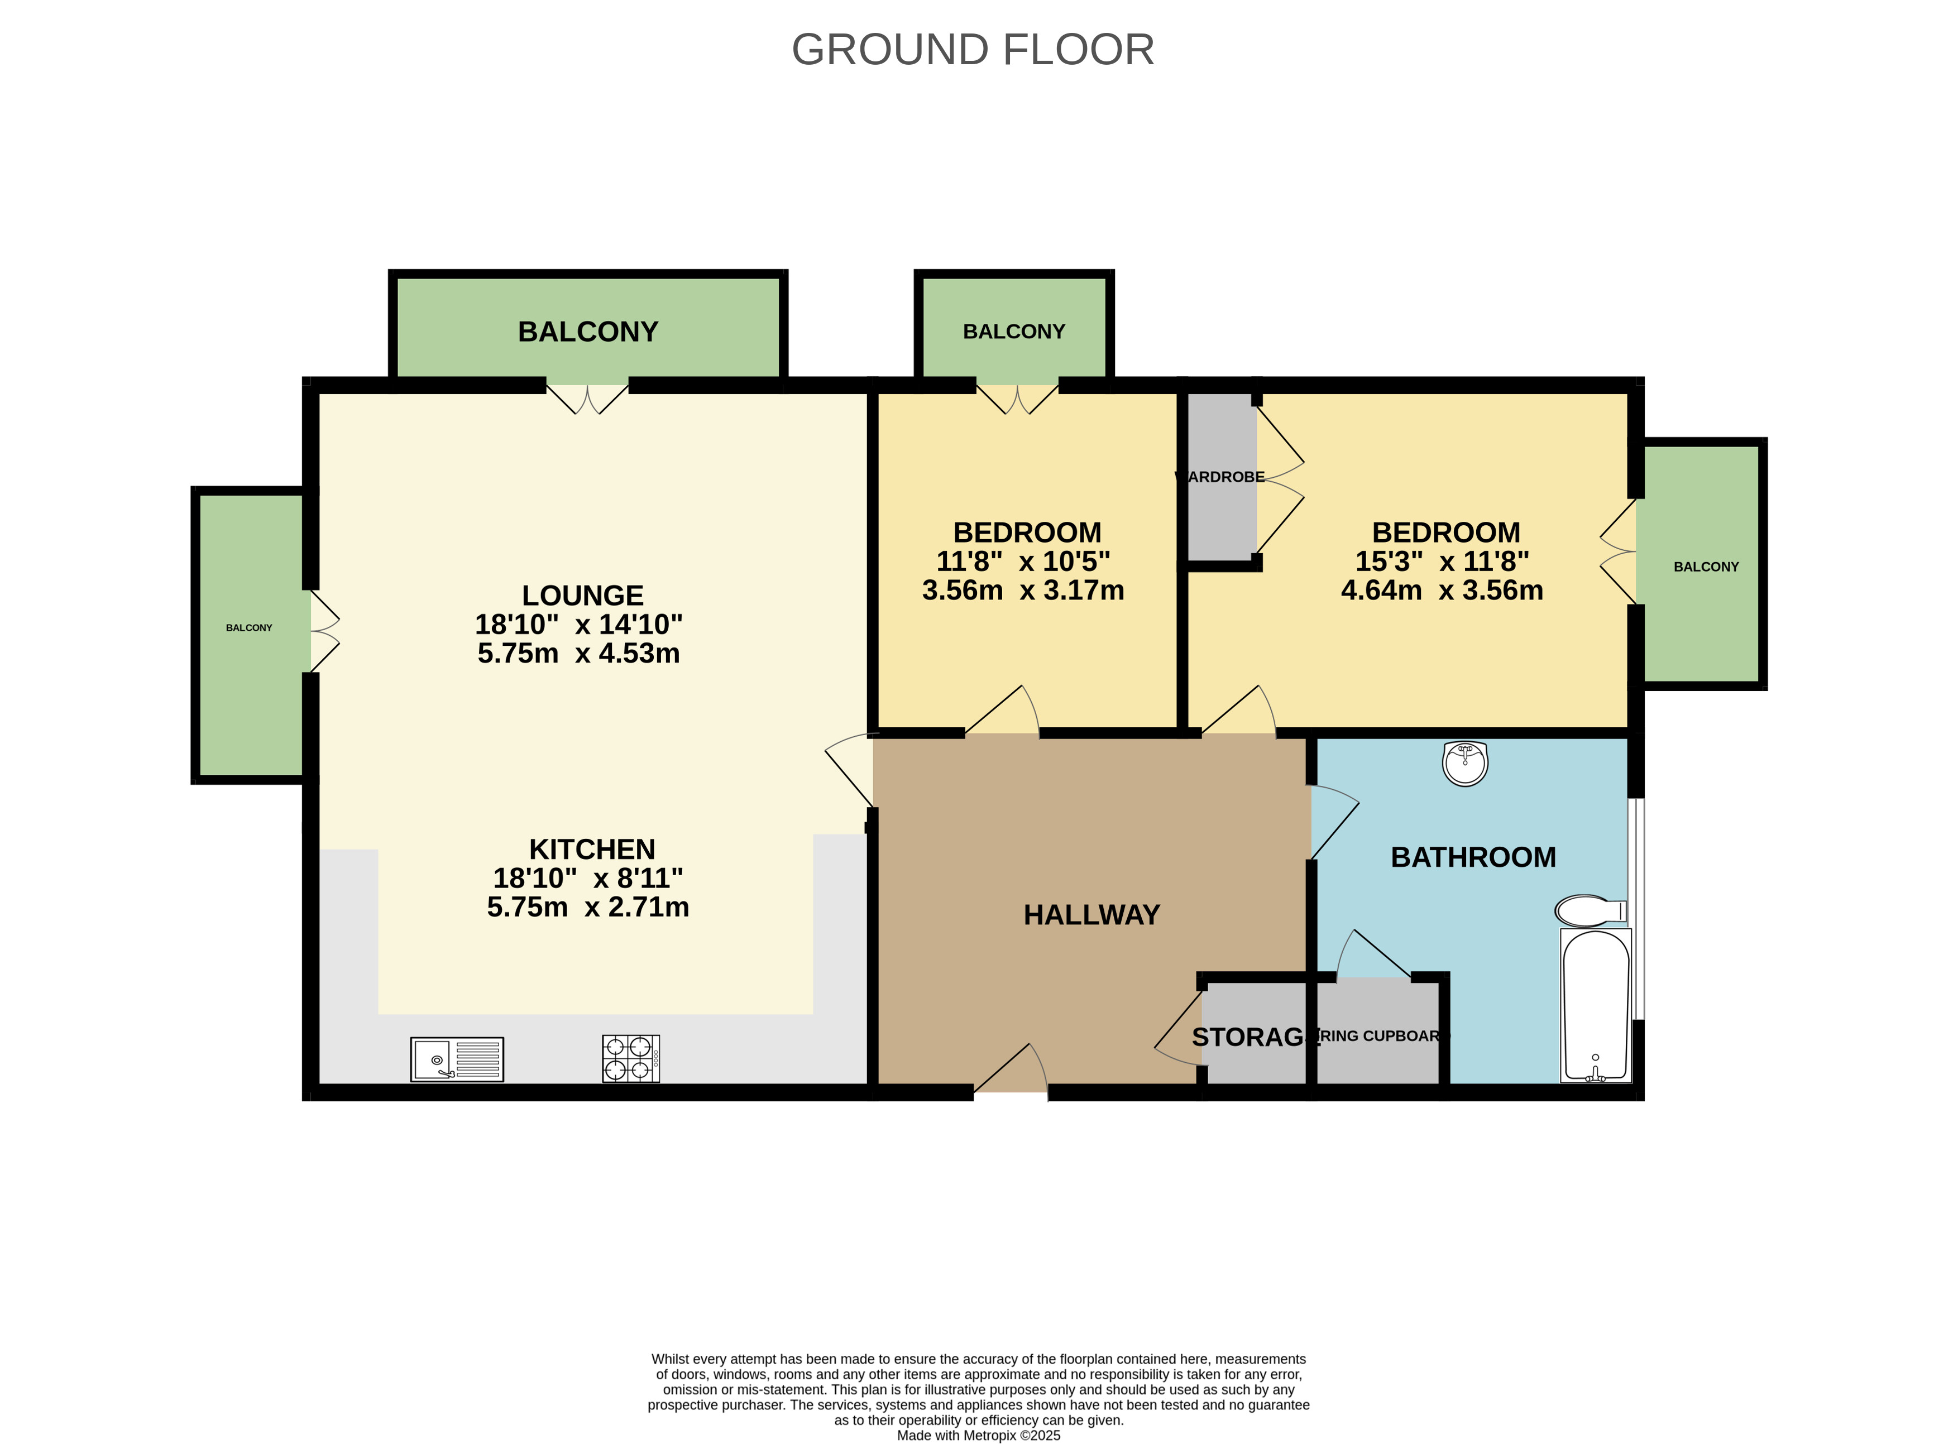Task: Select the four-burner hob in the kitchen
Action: (x=630, y=1058)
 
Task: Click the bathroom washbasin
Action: (x=1465, y=763)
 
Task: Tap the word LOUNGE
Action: (x=582, y=595)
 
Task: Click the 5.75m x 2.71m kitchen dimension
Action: (x=587, y=907)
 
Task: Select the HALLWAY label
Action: (x=1091, y=914)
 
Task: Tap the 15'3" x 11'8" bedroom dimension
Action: (x=1442, y=561)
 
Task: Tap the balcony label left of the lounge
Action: (x=249, y=627)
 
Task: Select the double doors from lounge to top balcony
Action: (x=587, y=399)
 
